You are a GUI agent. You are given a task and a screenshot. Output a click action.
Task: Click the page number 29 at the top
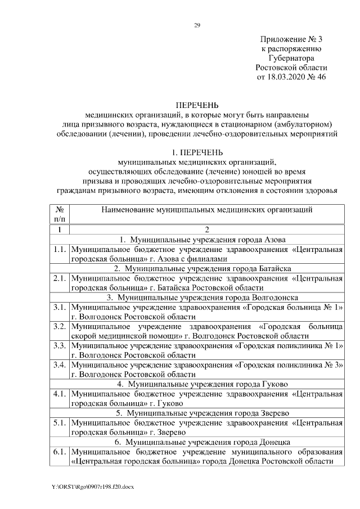(197, 25)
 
